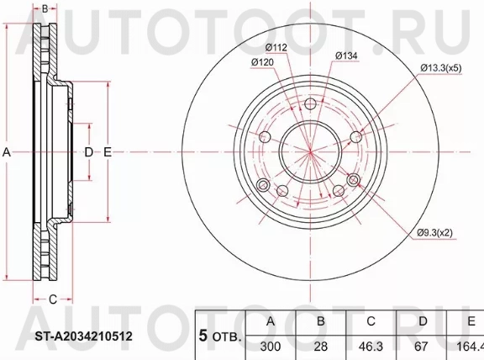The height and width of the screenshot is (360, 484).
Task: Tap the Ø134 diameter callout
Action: click(348, 56)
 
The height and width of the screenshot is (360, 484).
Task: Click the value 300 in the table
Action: click(270, 345)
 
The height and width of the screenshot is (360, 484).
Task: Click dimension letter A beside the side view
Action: click(7, 152)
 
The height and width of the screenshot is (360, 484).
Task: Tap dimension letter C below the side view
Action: click(51, 299)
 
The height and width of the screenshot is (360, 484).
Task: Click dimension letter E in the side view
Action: click(107, 152)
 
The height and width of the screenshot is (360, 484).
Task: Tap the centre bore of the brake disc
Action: click(310, 151)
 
